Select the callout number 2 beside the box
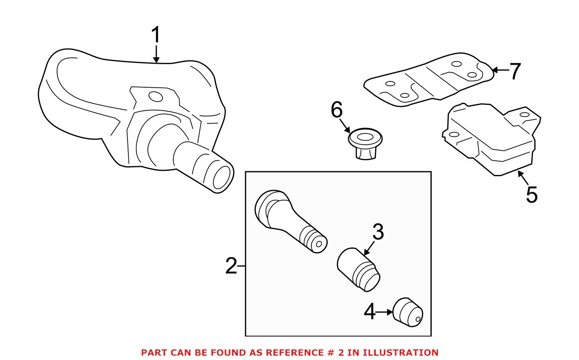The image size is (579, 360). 231,266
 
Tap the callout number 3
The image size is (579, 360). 378,232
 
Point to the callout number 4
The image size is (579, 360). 370,312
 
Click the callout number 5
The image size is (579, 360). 531,195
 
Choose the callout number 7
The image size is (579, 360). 515,71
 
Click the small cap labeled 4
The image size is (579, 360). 408,315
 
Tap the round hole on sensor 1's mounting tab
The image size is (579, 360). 155,97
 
